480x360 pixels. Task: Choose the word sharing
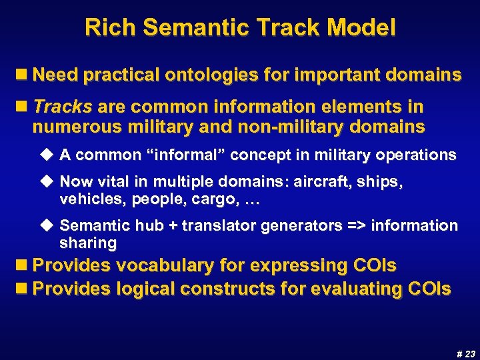88,243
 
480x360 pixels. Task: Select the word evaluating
354,289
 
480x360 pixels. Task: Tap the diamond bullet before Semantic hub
47,226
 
